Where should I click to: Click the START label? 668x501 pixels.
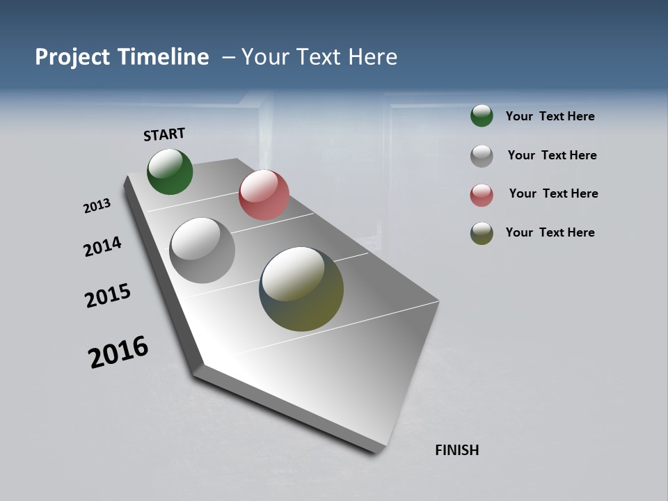[164, 134]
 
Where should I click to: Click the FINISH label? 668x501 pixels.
[456, 450]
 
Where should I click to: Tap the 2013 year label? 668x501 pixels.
[97, 206]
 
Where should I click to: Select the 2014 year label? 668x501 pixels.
[102, 246]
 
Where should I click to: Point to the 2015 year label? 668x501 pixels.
[108, 296]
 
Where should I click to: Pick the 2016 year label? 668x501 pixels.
[118, 351]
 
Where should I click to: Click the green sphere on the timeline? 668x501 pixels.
[170, 172]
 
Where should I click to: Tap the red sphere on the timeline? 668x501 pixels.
[264, 195]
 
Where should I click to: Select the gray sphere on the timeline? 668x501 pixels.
[202, 250]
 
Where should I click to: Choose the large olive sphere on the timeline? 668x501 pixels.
[301, 289]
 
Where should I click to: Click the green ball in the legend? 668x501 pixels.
[482, 116]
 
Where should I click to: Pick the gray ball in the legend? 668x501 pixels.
[482, 156]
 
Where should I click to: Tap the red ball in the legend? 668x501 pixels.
[482, 195]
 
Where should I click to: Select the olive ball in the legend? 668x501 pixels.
[482, 233]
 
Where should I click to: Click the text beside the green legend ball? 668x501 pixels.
[550, 116]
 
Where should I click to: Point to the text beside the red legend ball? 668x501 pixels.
[553, 193]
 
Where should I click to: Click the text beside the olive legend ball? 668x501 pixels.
[550, 232]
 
